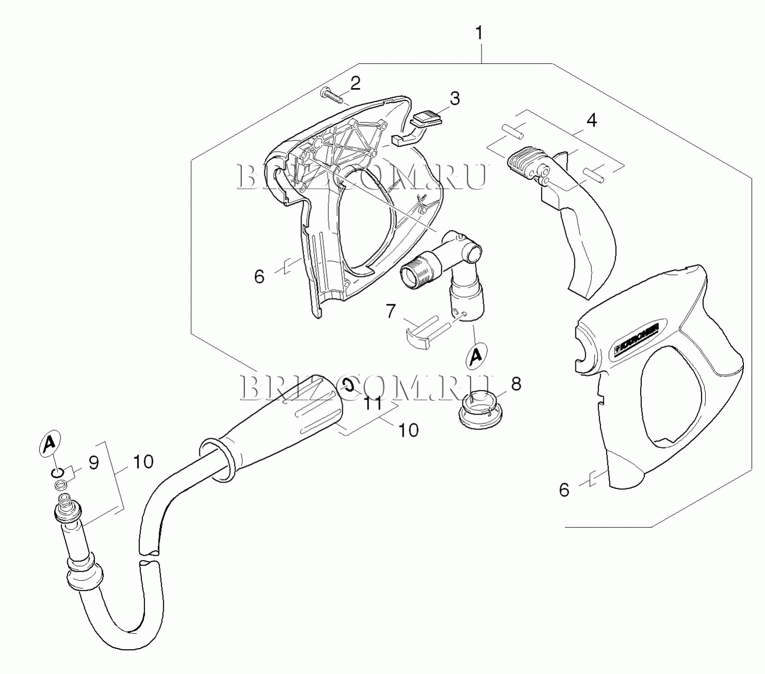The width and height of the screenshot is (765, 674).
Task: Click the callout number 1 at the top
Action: click(479, 33)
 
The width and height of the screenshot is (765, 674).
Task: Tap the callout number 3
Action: click(455, 98)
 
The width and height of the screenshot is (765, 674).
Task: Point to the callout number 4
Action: click(591, 120)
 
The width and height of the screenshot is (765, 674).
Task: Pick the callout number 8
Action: click(516, 384)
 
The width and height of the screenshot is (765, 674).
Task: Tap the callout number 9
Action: click(94, 462)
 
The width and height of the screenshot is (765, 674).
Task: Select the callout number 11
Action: click(373, 404)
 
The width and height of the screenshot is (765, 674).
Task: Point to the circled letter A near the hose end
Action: click(49, 444)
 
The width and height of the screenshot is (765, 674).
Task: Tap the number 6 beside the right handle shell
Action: click(564, 490)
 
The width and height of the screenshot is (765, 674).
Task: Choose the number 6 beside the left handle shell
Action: click(259, 277)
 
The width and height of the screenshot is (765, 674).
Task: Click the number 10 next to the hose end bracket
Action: click(143, 462)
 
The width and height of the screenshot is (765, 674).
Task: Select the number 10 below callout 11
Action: click(408, 430)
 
